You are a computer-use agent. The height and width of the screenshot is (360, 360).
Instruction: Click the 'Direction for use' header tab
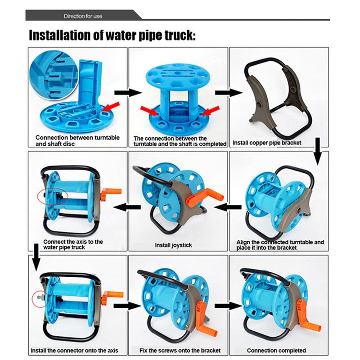point(83,16)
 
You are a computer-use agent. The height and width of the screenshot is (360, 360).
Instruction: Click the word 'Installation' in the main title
point(60,36)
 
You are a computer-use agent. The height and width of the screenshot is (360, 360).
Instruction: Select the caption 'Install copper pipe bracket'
point(267,143)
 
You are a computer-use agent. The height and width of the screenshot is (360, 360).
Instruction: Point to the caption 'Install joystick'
point(173,245)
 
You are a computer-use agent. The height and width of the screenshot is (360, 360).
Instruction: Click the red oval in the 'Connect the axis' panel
point(53,196)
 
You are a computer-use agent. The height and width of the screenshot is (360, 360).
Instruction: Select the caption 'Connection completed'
point(276,351)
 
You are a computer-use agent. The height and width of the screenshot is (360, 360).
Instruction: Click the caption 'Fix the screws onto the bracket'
point(180,351)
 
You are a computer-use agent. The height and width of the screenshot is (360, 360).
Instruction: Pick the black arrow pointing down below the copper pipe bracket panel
point(318,151)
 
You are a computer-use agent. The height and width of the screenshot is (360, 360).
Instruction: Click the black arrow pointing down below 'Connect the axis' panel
point(36,257)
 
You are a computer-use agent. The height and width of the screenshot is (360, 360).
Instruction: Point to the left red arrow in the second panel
point(149,110)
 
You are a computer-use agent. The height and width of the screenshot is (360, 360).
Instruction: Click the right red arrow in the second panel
point(211,110)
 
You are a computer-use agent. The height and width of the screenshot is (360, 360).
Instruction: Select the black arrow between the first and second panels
point(128,93)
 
